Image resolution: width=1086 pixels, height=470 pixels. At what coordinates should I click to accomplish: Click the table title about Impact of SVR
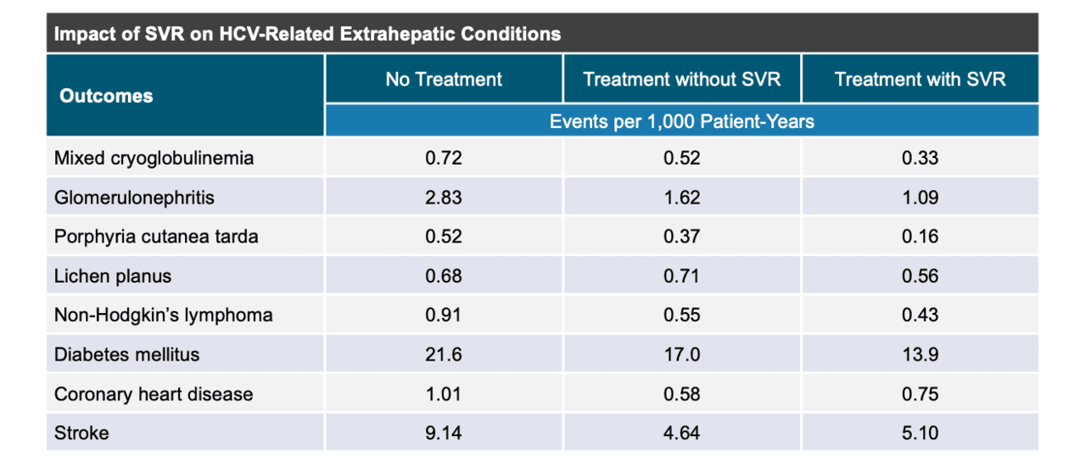coord(307,35)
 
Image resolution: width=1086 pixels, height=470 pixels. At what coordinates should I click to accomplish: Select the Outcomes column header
coord(106,96)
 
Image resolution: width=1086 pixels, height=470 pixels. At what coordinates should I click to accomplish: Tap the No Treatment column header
coord(444,80)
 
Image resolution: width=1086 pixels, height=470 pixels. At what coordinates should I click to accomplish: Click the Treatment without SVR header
coord(681,80)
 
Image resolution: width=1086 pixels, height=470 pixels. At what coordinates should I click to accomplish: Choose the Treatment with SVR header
coord(920,80)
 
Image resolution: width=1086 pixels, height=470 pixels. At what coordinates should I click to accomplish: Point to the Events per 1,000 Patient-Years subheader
coord(681,121)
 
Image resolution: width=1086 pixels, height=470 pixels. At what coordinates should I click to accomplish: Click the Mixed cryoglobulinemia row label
coord(154,159)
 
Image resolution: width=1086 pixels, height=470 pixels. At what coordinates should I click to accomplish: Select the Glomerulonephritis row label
coord(134,198)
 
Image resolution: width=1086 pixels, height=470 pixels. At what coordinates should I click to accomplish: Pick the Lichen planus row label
coord(113,276)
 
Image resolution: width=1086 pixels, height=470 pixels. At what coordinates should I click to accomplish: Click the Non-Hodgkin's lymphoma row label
coord(164,315)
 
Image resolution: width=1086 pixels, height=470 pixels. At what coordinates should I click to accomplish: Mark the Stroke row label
coord(81,433)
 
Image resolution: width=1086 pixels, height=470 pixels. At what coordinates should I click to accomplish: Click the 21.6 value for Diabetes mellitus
coord(444,355)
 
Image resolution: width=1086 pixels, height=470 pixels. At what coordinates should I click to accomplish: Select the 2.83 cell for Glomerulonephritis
coord(444,198)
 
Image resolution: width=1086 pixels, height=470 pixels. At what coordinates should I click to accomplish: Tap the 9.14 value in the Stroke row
coord(444,433)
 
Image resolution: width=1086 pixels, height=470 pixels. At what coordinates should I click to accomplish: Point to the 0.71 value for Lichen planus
coord(681,276)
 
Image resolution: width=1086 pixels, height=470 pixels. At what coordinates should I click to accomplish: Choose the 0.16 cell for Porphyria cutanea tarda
coord(920,237)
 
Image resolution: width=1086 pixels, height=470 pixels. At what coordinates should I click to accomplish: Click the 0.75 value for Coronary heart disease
coord(920,394)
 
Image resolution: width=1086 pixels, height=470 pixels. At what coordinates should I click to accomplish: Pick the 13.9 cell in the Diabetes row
coord(920,355)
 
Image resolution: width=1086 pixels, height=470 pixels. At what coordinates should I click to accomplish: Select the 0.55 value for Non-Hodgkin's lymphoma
coord(681,315)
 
